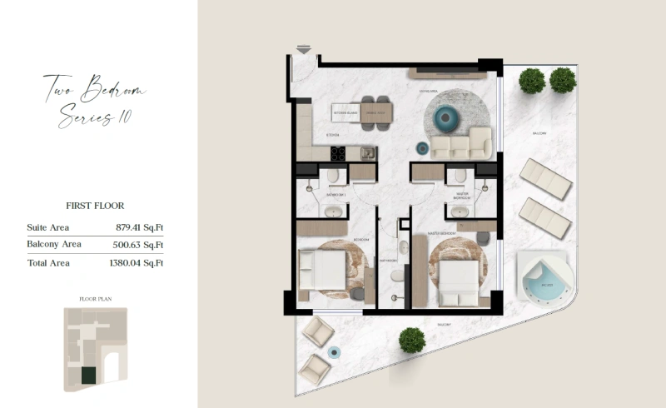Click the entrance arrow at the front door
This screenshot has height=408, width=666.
coord(304,50)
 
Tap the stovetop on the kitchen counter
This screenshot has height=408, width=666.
coord(339,153)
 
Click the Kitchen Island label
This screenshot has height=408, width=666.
coord(345,111)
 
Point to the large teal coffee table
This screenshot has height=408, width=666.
coord(446,117)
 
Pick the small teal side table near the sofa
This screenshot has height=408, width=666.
coord(422,148)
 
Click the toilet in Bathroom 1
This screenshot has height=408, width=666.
coord(332,177)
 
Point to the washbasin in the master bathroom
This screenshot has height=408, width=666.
coord(459,211)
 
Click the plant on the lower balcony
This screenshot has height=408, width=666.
coord(410,339)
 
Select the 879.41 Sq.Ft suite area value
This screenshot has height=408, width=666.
coord(139,226)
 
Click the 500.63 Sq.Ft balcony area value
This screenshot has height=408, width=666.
coord(139,244)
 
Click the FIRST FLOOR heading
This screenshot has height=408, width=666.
coord(95,205)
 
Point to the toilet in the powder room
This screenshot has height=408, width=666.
coord(397,275)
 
